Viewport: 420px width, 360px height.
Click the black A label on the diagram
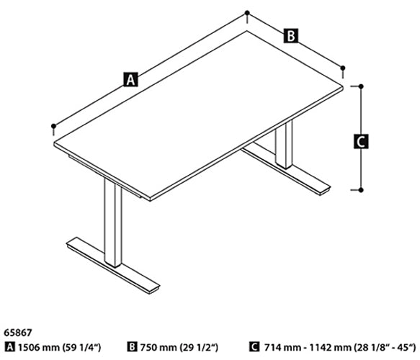pyautogui.click(x=130, y=79)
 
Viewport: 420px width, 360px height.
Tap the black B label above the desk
pyautogui.click(x=290, y=35)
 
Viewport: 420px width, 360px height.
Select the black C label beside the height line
pyautogui.click(x=361, y=141)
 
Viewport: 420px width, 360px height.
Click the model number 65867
pyautogui.click(x=18, y=333)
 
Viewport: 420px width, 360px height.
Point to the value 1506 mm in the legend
pyautogui.click(x=39, y=348)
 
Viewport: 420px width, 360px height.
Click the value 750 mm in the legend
pyautogui.click(x=158, y=348)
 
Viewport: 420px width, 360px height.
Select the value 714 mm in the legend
pyautogui.click(x=282, y=348)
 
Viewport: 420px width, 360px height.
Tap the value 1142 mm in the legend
pyautogui.click(x=330, y=348)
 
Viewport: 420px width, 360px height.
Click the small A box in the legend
pyautogui.click(x=10, y=347)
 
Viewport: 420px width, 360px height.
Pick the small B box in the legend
pyautogui.click(x=132, y=347)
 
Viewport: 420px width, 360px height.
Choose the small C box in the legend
pyautogui.click(x=254, y=347)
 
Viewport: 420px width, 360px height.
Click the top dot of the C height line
pyautogui.click(x=361, y=86)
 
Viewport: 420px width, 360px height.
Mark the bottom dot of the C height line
pyautogui.click(x=361, y=190)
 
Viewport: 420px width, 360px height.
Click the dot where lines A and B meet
pyautogui.click(x=247, y=12)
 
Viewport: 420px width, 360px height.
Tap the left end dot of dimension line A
pyautogui.click(x=53, y=126)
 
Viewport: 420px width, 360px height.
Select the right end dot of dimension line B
pyautogui.click(x=343, y=68)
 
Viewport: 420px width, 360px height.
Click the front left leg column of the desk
pyautogui.click(x=113, y=223)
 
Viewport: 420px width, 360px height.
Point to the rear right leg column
pyautogui.click(x=284, y=145)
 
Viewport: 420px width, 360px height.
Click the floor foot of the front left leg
pyautogui.click(x=113, y=265)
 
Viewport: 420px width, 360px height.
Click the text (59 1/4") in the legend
pyautogui.click(x=81, y=348)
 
